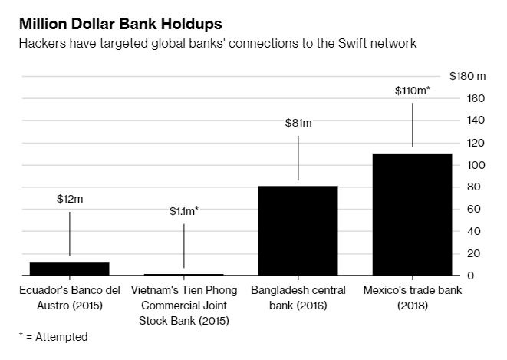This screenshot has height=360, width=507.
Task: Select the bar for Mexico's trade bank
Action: pyautogui.click(x=412, y=214)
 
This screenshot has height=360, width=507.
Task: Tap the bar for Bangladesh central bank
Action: pyautogui.click(x=298, y=230)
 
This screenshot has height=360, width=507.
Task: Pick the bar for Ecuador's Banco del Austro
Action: pyautogui.click(x=69, y=268)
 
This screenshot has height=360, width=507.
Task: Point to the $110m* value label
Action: pyautogui.click(x=412, y=91)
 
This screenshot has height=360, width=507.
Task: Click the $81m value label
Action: pyautogui.click(x=298, y=123)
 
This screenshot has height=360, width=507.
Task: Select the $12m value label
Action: pyautogui.click(x=70, y=199)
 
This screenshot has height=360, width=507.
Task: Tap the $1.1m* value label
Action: pyautogui.click(x=183, y=210)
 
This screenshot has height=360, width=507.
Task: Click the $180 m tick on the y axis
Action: pyautogui.click(x=467, y=76)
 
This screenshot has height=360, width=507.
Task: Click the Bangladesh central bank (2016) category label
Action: pyautogui.click(x=298, y=297)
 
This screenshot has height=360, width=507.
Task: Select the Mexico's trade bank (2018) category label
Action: pyautogui.click(x=412, y=297)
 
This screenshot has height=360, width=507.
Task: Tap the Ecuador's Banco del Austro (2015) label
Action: pyautogui.click(x=69, y=297)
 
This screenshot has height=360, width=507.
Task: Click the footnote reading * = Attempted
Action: pyautogui.click(x=54, y=337)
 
